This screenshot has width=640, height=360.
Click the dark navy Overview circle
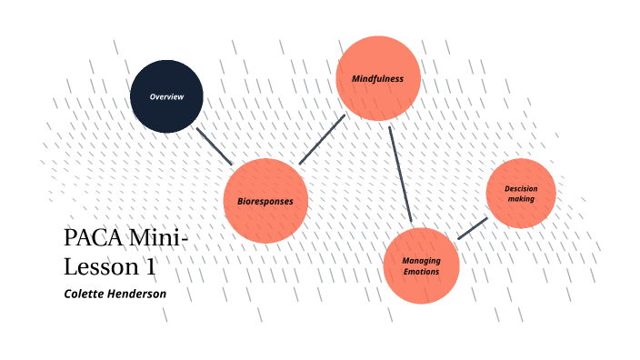point(166,95)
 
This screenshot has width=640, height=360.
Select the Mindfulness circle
point(377,78)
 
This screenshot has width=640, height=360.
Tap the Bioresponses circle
point(265,200)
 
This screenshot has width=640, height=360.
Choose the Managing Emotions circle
point(421,266)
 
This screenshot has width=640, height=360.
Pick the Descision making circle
point(521,193)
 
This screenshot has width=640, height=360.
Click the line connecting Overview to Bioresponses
point(215,145)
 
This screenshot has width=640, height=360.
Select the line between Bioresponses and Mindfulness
point(323,139)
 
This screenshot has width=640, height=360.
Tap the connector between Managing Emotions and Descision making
point(472,228)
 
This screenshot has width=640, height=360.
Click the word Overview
point(166,96)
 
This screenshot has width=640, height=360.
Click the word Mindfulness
point(377,79)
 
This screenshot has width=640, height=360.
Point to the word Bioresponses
point(265,201)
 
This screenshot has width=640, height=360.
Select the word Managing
point(421,261)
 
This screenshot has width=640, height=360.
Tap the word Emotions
point(421,272)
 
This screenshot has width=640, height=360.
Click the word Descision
point(521,188)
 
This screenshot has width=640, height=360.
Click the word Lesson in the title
point(103,267)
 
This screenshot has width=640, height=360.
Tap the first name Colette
point(84,294)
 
